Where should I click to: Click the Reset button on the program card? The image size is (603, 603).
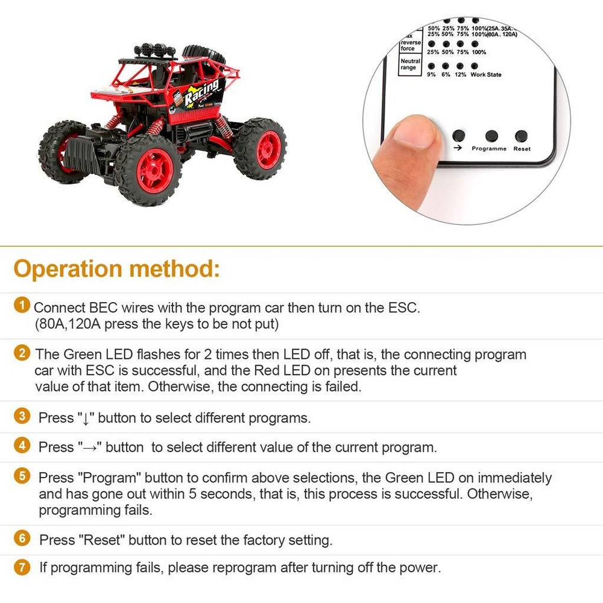[521, 136]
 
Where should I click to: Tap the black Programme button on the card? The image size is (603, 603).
[491, 136]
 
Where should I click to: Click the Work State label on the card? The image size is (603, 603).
[485, 75]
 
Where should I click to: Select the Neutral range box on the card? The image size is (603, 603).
[410, 65]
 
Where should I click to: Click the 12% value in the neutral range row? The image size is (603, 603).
[460, 75]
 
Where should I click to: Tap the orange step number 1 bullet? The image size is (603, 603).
[22, 306]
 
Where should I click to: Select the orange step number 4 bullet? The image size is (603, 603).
[22, 446]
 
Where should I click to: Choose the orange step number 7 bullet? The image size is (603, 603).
[22, 567]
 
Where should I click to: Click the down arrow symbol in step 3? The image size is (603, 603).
[86, 418]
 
